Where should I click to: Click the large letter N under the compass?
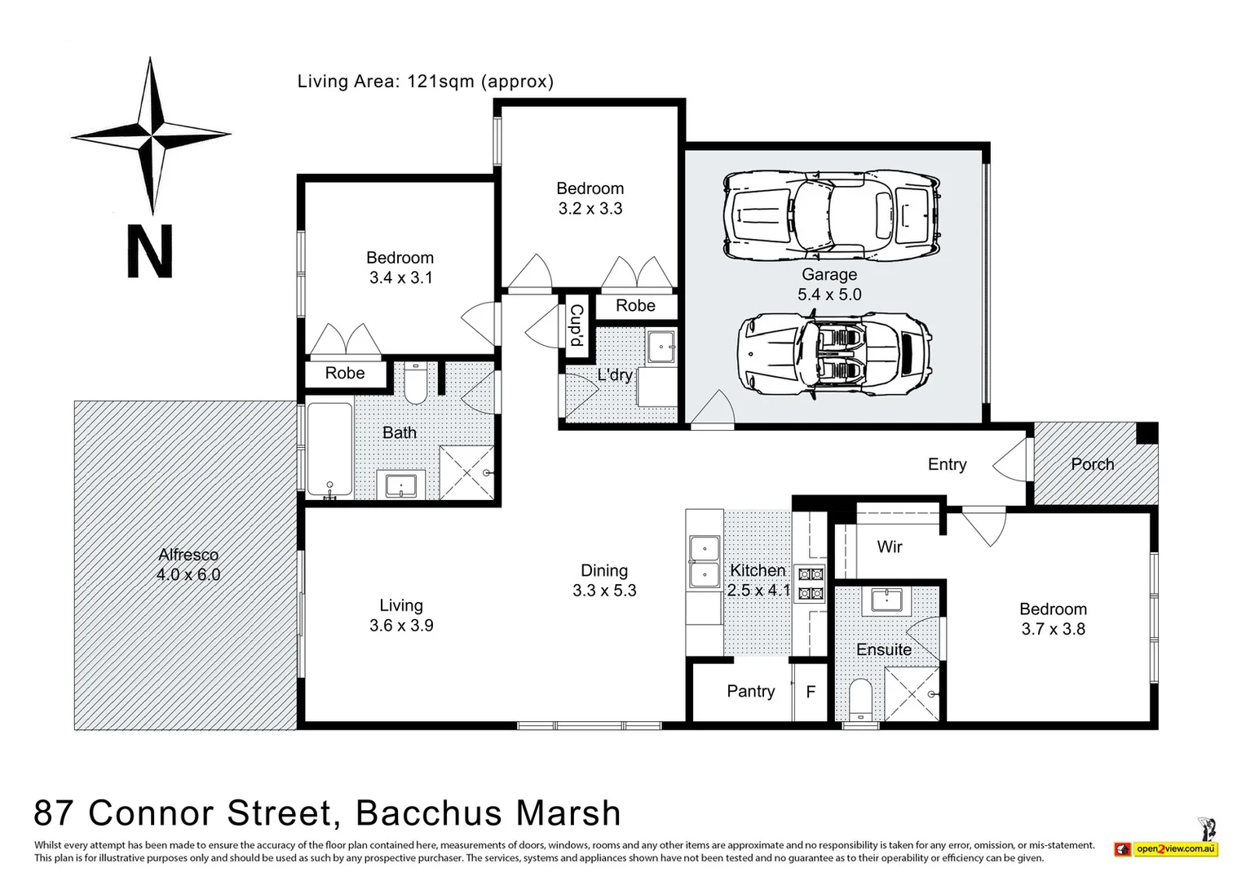(150, 252)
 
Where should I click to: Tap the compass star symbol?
(152, 135)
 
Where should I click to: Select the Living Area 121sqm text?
(425, 82)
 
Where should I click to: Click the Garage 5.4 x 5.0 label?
(829, 285)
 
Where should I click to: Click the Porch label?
(1092, 464)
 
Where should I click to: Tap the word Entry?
(947, 464)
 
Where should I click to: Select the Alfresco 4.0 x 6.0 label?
(188, 564)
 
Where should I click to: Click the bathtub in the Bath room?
(329, 449)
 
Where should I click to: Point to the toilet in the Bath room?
(416, 385)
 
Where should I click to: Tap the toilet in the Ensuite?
(861, 701)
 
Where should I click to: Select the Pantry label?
(750, 692)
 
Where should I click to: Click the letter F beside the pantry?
(811, 692)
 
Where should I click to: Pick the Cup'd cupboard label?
(577, 325)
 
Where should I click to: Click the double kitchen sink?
(705, 562)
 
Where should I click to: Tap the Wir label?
(890, 547)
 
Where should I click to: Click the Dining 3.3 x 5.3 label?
(604, 581)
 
